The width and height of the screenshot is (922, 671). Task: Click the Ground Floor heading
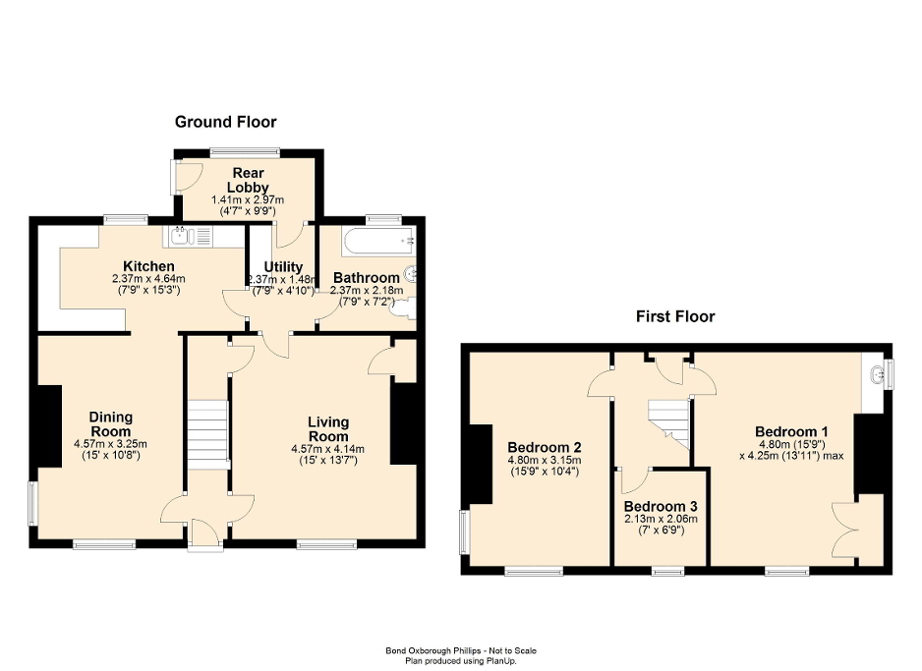(x=225, y=122)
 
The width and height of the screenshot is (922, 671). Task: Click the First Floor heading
(x=674, y=316)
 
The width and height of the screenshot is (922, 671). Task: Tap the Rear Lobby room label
(x=247, y=181)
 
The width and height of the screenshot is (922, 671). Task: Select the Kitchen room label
(x=148, y=266)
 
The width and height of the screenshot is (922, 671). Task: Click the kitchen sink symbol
(x=191, y=235)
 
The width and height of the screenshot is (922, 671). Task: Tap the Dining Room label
(x=110, y=423)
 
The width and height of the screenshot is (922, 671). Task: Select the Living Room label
(x=327, y=429)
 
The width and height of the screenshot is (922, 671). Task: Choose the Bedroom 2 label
(x=544, y=439)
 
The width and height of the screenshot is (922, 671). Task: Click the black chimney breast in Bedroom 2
(x=481, y=465)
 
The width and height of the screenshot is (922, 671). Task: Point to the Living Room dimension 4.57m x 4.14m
(x=327, y=450)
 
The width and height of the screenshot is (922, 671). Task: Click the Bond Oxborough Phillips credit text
(x=460, y=650)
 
